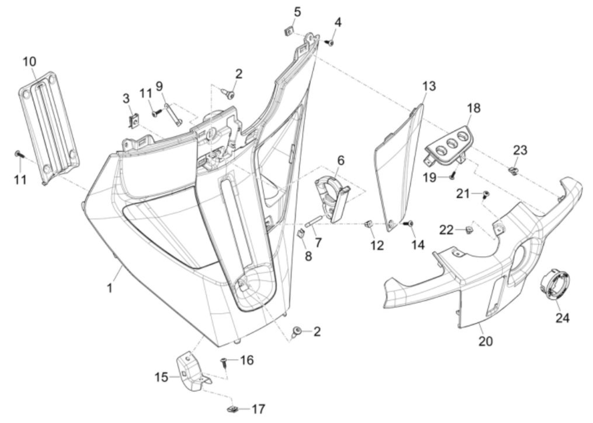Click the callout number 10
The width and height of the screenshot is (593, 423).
(x=30, y=62)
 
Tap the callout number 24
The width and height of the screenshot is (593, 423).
(x=563, y=318)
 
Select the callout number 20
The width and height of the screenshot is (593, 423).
(x=486, y=341)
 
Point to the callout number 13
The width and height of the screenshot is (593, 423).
(x=429, y=86)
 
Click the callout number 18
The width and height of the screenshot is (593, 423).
(x=474, y=108)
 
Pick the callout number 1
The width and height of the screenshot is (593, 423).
(x=110, y=288)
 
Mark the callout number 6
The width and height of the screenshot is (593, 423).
(x=341, y=161)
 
